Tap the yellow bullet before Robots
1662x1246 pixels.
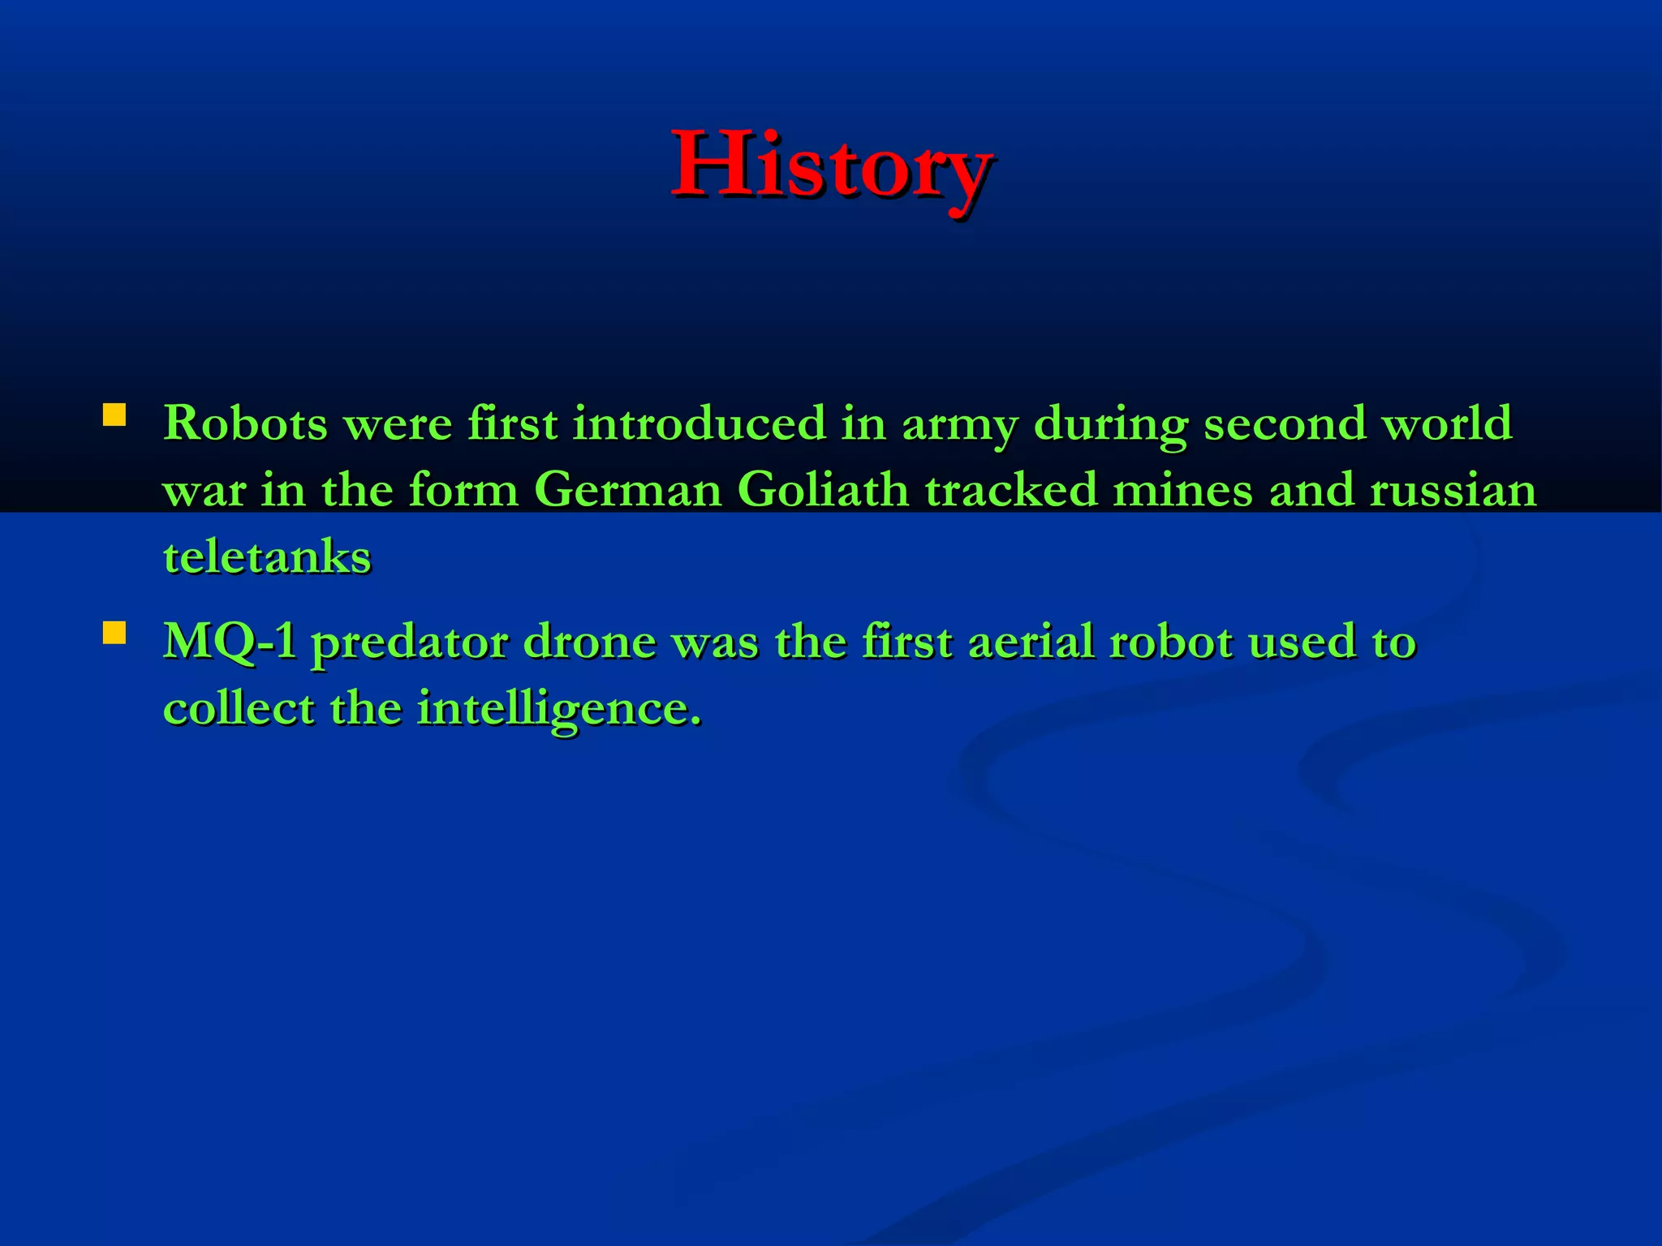114,416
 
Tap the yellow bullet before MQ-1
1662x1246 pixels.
114,633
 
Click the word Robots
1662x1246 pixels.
245,423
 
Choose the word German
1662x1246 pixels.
627,490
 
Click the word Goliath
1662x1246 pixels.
823,490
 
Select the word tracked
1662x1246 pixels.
1010,490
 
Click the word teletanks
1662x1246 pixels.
267,557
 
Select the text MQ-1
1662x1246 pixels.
230,642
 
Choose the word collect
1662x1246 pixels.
239,708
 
